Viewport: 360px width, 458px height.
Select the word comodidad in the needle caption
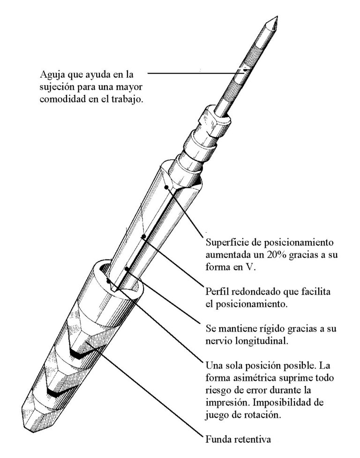60,99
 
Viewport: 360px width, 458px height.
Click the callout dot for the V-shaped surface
166,188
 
